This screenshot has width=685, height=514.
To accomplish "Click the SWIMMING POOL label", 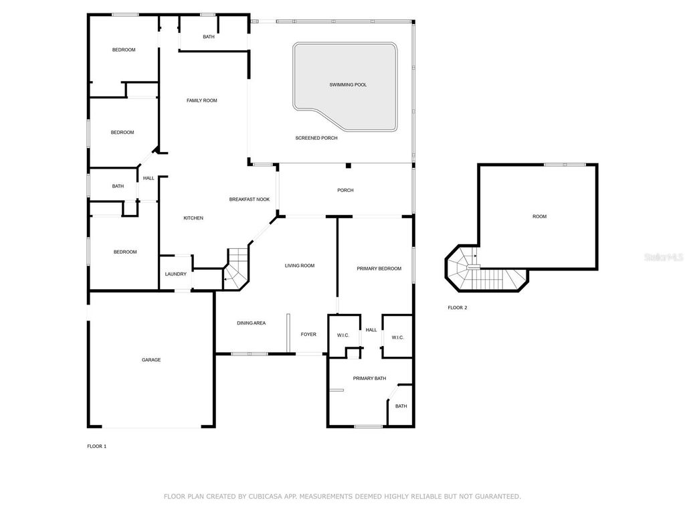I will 348,85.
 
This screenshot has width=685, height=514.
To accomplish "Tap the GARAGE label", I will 151,360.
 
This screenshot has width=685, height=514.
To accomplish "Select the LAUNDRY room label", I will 175,274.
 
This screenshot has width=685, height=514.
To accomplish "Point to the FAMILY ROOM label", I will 201,100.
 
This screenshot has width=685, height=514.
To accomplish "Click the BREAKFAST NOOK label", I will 249,199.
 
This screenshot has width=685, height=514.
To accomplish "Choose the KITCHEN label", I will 193,218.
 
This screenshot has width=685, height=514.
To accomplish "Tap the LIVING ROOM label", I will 299,266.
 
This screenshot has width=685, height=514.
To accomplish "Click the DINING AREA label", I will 251,323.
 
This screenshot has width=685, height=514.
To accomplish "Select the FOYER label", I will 308,335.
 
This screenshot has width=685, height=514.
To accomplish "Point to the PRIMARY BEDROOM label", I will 379,268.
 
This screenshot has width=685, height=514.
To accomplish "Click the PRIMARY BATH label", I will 369,379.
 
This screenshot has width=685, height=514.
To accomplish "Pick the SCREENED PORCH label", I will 316,138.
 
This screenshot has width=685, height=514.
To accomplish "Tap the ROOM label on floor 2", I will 539,216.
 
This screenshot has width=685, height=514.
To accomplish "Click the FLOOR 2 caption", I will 458,308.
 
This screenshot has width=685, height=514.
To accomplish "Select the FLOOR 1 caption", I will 96,446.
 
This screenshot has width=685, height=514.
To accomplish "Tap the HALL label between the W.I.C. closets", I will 371,330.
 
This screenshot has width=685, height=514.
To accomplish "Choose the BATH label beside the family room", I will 209,37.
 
